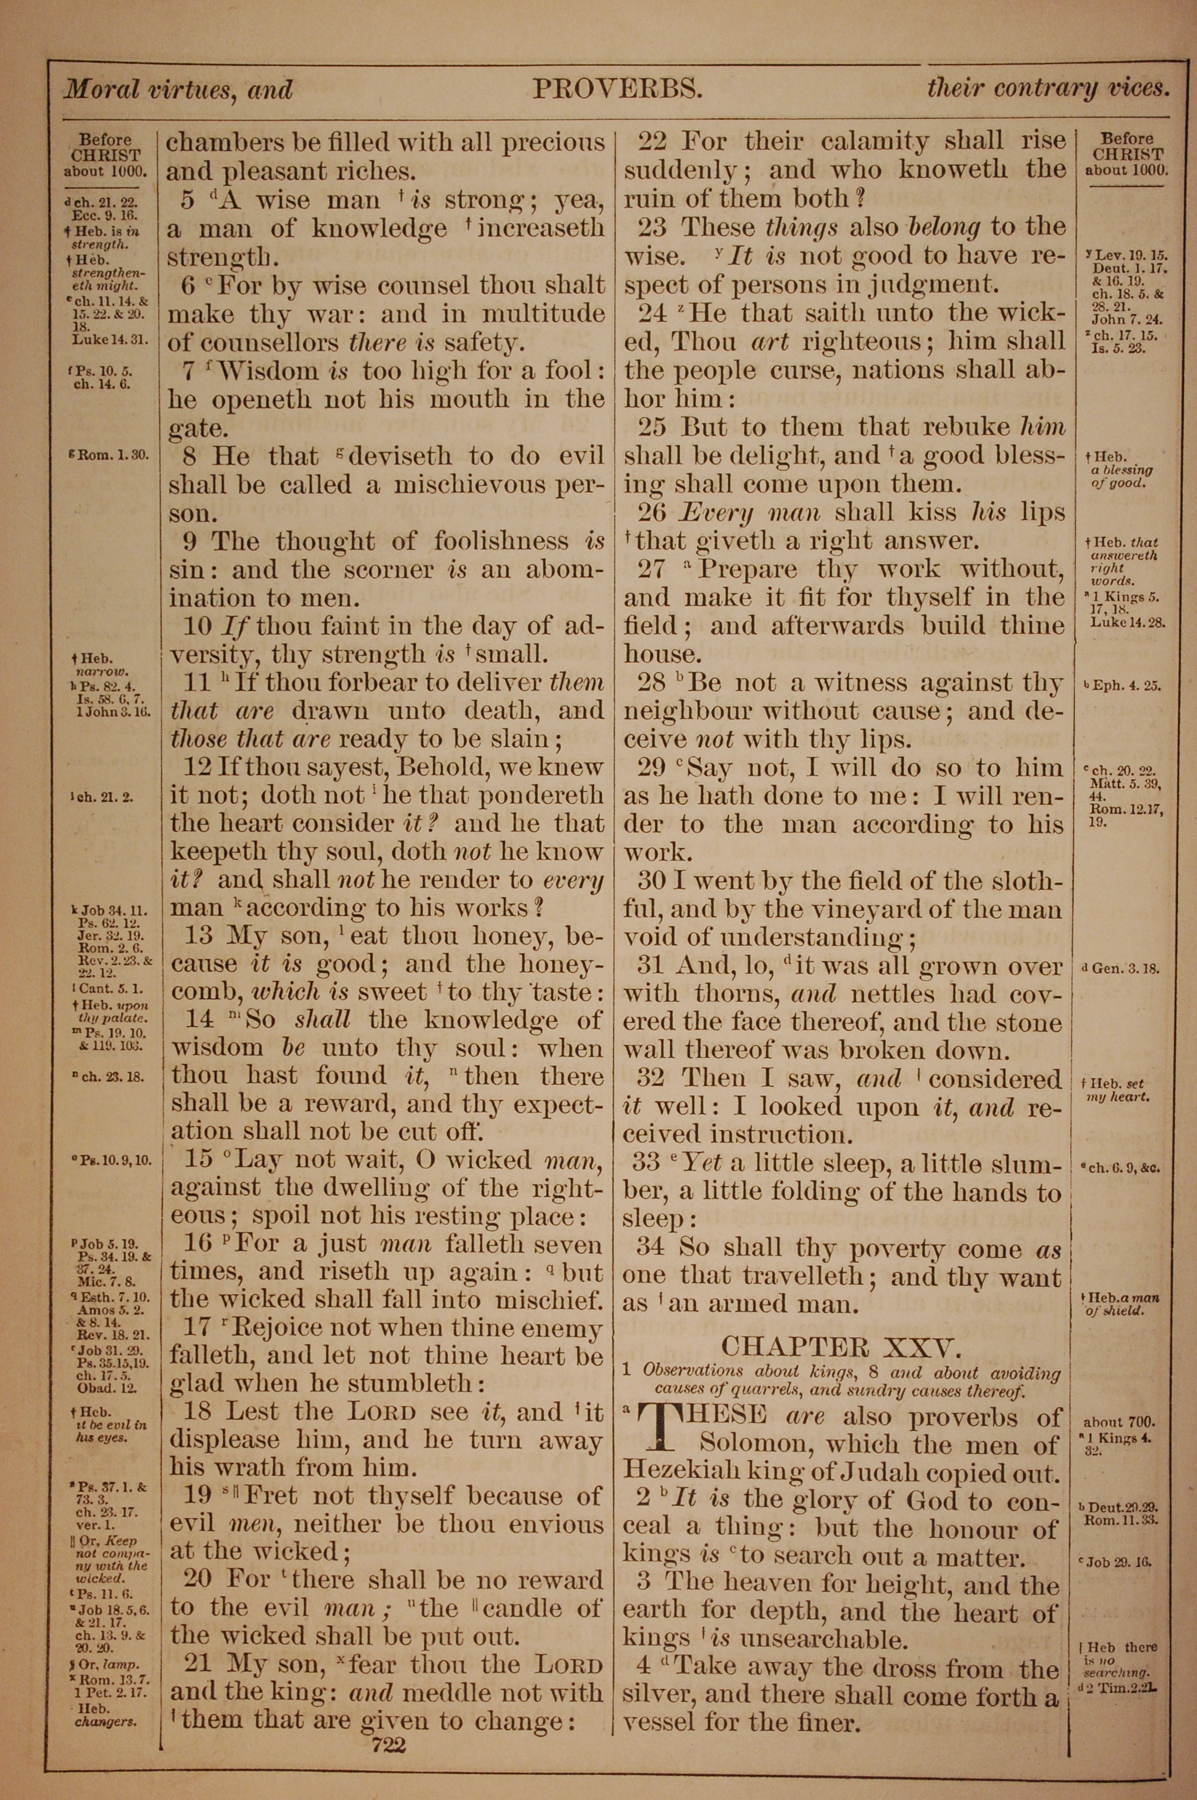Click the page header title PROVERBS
pos(617,90)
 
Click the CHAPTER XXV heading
pos(839,1345)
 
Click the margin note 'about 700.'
pos(1119,1422)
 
